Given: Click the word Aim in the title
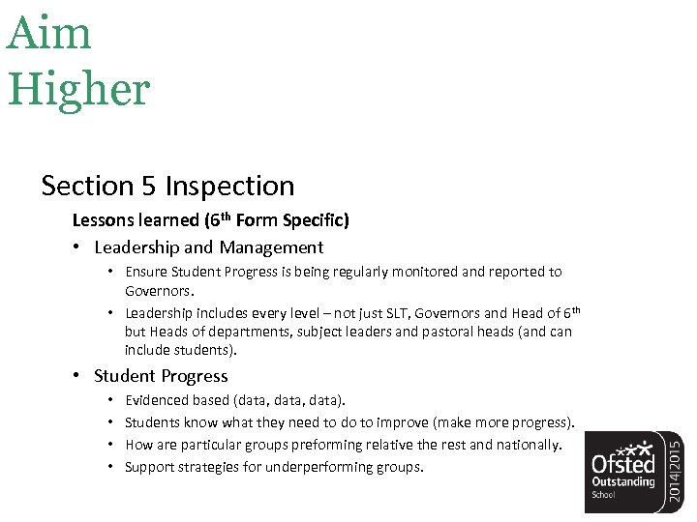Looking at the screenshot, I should tap(49, 34).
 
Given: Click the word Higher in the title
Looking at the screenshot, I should tap(79, 89).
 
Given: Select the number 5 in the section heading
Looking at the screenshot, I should tap(149, 185).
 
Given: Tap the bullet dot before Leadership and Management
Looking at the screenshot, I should tap(77, 247).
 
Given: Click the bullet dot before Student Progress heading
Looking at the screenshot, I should tap(77, 376).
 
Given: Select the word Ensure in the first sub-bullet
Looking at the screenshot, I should tap(148, 272).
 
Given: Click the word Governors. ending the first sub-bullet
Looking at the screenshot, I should tap(160, 289).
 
